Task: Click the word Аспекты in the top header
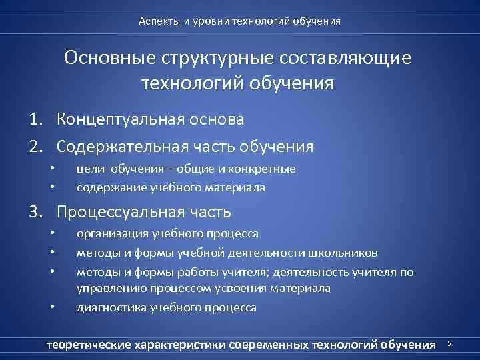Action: [157, 21]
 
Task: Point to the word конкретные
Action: [265, 169]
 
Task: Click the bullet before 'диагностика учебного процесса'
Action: [52, 307]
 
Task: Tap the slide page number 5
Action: [449, 343]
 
